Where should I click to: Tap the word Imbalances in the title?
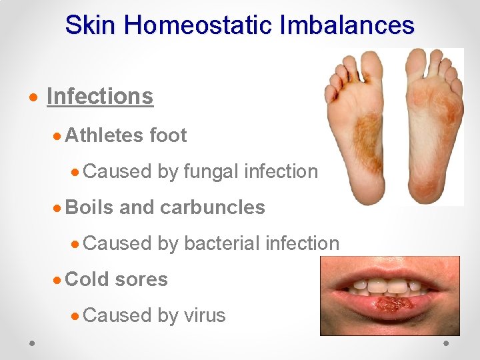[349, 25]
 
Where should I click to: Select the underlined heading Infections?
[100, 96]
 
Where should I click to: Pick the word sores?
[141, 279]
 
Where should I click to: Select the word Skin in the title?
[91, 25]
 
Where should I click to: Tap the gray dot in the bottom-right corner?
[447, 342]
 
